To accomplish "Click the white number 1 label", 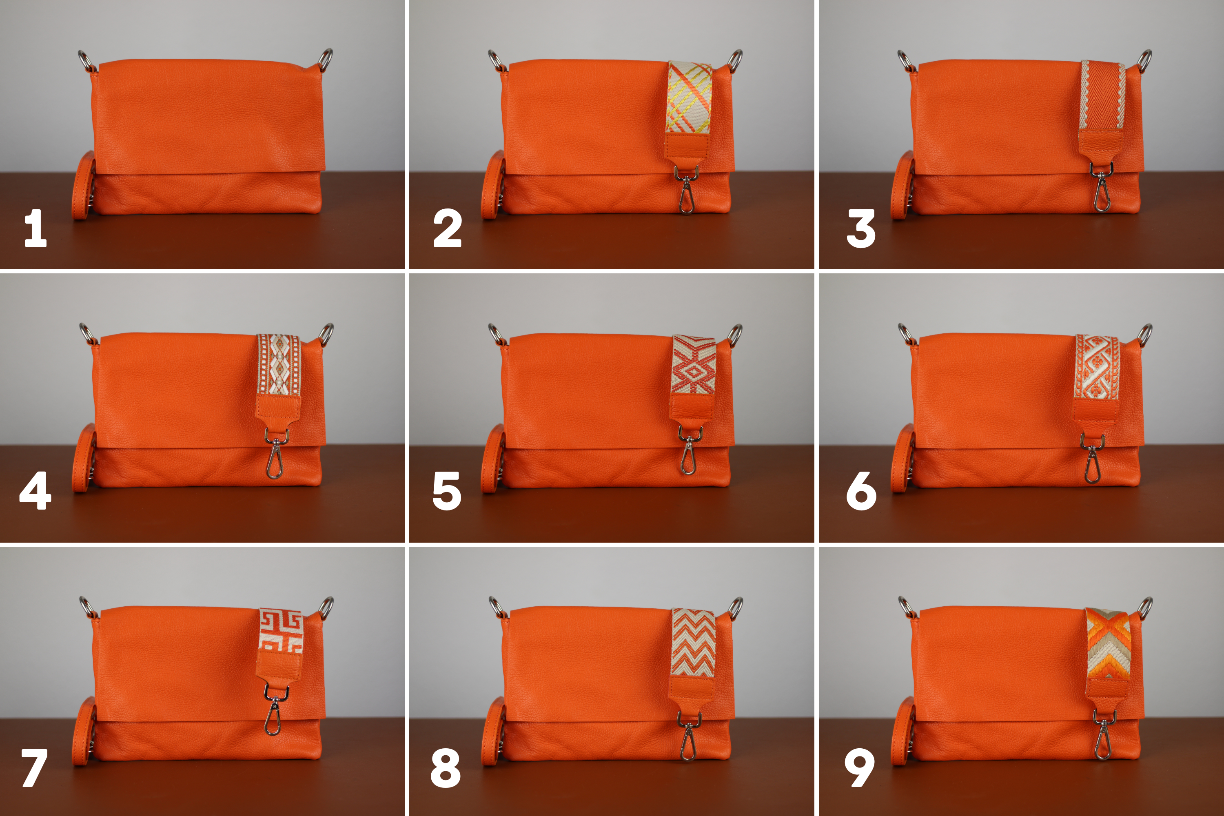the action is click(x=36, y=228).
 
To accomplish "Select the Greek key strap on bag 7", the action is click(x=281, y=631).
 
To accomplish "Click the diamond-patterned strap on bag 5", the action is click(x=693, y=366).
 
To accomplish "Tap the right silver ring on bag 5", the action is click(x=735, y=335).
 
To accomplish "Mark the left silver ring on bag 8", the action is click(x=497, y=608).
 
